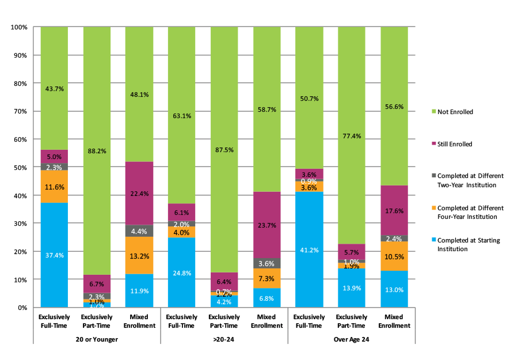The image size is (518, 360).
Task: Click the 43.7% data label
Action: tap(54, 89)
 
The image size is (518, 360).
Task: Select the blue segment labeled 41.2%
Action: tap(308, 249)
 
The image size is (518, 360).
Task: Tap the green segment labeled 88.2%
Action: tap(97, 151)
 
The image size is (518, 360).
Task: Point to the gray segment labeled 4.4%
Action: tap(139, 231)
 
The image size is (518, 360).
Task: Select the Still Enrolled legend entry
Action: tap(454, 144)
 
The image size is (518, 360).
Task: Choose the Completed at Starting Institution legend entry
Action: tap(470, 244)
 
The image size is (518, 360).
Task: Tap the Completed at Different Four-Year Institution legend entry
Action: tap(470, 212)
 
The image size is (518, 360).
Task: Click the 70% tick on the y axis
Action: tap(19, 111)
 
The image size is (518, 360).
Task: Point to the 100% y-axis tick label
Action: tap(18, 27)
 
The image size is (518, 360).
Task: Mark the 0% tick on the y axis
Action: tap(21, 308)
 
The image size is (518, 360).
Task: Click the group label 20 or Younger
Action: tap(97, 339)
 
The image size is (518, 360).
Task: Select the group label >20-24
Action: tap(224, 339)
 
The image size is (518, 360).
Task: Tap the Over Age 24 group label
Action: tap(351, 339)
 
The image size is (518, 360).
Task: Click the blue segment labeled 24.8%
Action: tap(181, 272)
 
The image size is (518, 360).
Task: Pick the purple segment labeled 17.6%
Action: tap(394, 211)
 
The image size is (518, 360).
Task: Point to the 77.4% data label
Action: tap(351, 136)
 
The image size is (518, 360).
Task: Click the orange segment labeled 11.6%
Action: tap(54, 187)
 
